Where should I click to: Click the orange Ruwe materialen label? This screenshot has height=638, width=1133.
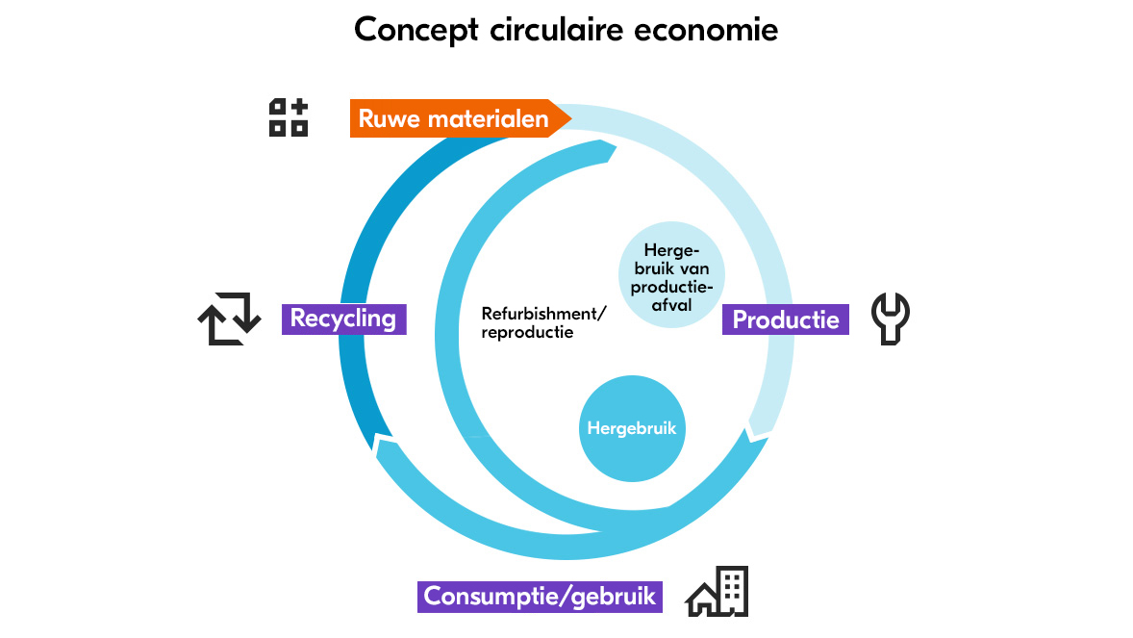pos(454,118)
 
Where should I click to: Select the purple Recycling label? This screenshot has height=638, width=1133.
pos(343,319)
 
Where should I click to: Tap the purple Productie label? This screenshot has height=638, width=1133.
pos(785,319)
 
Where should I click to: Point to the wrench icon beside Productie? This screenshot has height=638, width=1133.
pos(890,319)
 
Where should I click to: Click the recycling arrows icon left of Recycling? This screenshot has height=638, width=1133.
pos(229,319)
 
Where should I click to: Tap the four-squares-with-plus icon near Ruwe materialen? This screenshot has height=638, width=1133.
pos(288,117)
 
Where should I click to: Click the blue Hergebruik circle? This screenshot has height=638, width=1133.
pos(633,428)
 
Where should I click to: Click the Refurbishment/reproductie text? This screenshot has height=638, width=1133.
pos(543,322)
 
